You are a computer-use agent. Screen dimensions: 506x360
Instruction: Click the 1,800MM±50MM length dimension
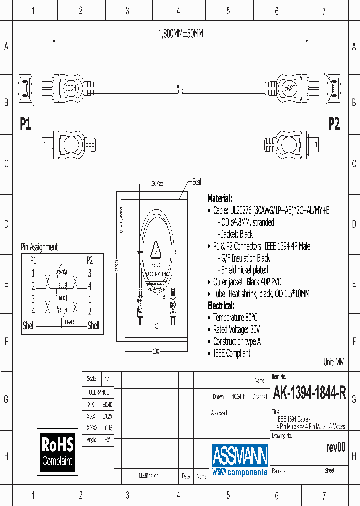(180, 34)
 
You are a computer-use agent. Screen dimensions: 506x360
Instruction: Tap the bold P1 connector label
(25, 124)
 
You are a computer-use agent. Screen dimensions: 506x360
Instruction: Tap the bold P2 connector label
(334, 124)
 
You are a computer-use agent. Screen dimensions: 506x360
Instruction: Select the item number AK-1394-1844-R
(309, 394)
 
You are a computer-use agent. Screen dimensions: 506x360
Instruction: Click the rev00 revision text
(335, 447)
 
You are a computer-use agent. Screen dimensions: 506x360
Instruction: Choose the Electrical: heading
(221, 305)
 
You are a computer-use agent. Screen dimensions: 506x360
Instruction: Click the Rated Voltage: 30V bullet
(236, 330)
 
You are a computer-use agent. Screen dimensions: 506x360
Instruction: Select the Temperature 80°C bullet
(235, 318)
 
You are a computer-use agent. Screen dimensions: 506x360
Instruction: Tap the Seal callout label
(197, 182)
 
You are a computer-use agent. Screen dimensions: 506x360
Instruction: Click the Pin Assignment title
(39, 247)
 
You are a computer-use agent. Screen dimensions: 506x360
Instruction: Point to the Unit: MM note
(334, 362)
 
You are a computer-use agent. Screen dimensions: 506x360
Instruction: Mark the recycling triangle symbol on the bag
(157, 248)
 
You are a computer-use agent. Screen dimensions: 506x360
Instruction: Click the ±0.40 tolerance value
(107, 404)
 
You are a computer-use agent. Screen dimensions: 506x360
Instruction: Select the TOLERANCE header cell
(97, 392)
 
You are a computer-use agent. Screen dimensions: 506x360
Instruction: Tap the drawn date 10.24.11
(239, 397)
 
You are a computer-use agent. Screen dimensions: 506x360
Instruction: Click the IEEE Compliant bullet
(232, 353)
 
